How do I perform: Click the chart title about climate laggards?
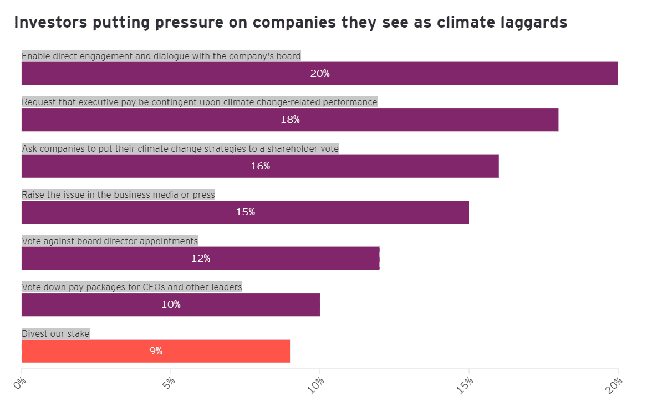coord(291,23)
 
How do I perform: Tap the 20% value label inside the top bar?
coord(320,74)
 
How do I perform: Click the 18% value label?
coord(290,120)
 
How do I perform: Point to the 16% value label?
coord(260,166)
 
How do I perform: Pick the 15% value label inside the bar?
coord(245,212)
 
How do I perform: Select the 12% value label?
coord(200,259)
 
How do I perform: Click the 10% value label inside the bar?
coord(171,305)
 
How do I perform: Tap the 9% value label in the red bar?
coord(155,351)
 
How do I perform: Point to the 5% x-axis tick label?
coord(169,383)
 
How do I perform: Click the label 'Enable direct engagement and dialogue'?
coord(161,56)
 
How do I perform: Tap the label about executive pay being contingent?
coord(199,102)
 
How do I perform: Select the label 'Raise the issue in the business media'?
coord(118,194)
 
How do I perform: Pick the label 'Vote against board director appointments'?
coord(110,241)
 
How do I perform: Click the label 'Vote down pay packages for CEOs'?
coord(132,287)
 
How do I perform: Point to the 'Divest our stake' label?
coord(55,333)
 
